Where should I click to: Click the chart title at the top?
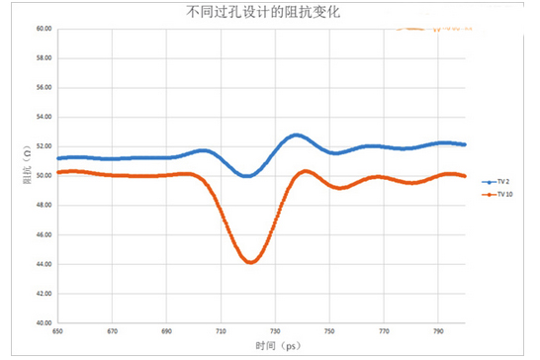click(x=271, y=13)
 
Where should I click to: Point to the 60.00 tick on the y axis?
click(x=43, y=29)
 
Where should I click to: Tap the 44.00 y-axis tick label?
click(x=43, y=264)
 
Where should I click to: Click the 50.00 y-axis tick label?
click(x=43, y=176)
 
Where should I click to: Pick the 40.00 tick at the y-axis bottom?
click(x=43, y=322)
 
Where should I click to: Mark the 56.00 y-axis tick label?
click(x=43, y=88)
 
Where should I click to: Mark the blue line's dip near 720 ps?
click(x=247, y=176)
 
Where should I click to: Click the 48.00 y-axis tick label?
click(x=43, y=206)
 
